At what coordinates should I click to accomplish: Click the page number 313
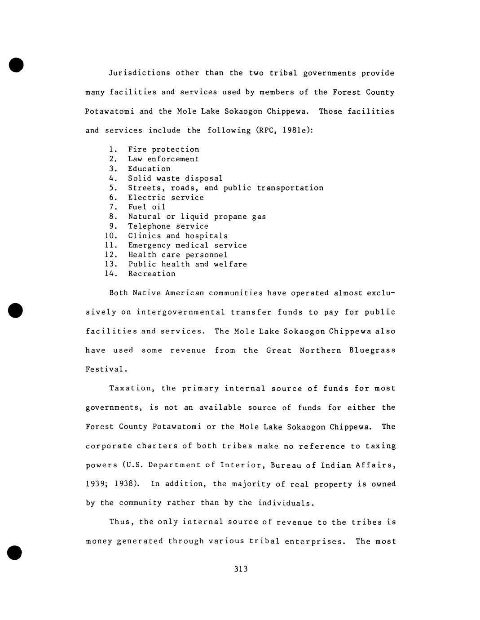tap(241, 569)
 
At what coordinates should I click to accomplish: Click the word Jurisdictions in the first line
tap(139, 73)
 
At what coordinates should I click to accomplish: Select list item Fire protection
tap(163, 150)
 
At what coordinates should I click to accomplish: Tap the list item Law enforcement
tap(163, 159)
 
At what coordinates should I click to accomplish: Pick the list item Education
tap(149, 169)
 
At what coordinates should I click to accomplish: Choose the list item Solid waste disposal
tap(175, 178)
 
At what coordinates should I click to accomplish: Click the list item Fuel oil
tap(147, 207)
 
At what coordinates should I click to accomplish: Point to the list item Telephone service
tap(168, 226)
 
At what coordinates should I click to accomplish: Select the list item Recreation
tap(152, 274)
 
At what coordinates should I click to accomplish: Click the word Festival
tap(106, 370)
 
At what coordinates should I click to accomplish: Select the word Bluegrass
tap(372, 350)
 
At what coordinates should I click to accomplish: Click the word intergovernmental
tap(181, 312)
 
